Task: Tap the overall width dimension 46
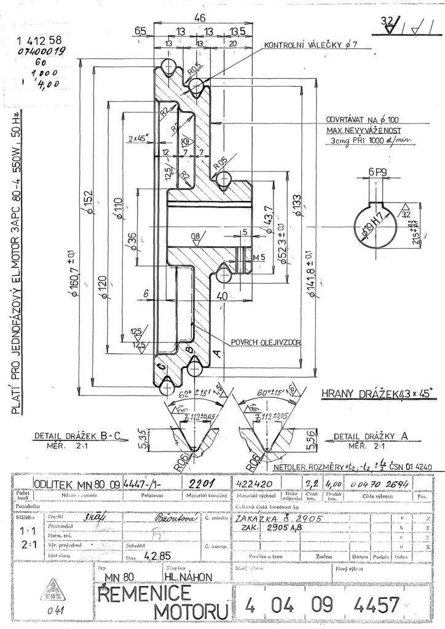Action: [x=199, y=18]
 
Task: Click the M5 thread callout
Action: [x=259, y=256]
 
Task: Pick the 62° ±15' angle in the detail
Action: [x=194, y=390]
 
